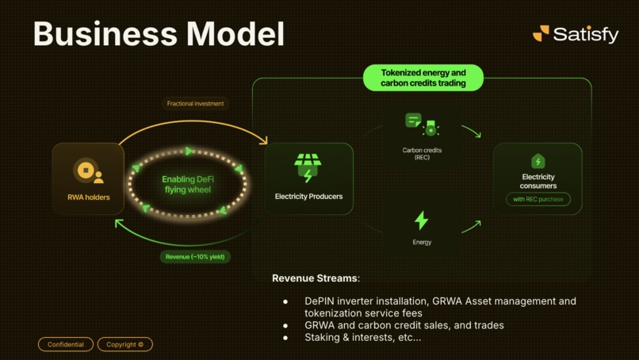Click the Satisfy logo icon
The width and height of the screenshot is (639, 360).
(541, 33)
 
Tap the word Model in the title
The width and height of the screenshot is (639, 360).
(235, 34)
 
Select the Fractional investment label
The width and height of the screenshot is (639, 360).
(195, 104)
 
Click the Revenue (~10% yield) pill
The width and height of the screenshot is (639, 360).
(195, 257)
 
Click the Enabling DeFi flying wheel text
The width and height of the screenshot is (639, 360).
(188, 185)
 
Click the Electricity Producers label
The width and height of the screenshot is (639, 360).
(308, 197)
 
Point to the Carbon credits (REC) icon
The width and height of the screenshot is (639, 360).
(422, 124)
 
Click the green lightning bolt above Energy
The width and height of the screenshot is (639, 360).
(422, 220)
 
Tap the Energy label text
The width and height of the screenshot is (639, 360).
(422, 242)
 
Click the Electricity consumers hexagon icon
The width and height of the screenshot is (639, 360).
(538, 161)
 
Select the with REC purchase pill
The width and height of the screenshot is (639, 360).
(538, 199)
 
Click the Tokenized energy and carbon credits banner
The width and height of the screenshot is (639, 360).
(423, 78)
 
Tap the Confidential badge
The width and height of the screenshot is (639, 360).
(66, 344)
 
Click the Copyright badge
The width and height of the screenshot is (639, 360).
(125, 344)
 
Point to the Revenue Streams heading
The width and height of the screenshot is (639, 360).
(316, 278)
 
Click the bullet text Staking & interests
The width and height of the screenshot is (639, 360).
(363, 338)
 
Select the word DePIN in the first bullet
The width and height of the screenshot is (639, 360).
(320, 301)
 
